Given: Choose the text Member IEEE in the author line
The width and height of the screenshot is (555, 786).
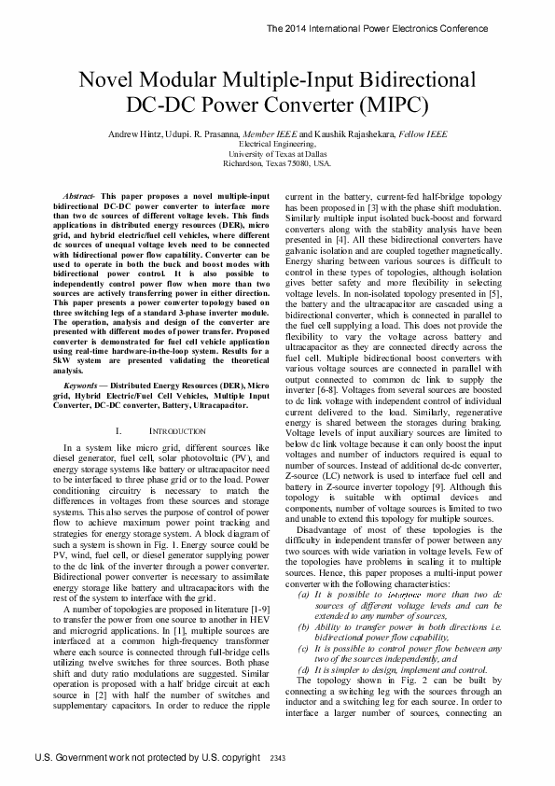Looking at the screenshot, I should click(268, 135).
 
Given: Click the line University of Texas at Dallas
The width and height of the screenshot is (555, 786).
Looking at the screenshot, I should click(277, 154).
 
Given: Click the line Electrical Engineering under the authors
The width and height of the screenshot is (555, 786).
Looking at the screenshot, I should click(277, 146).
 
